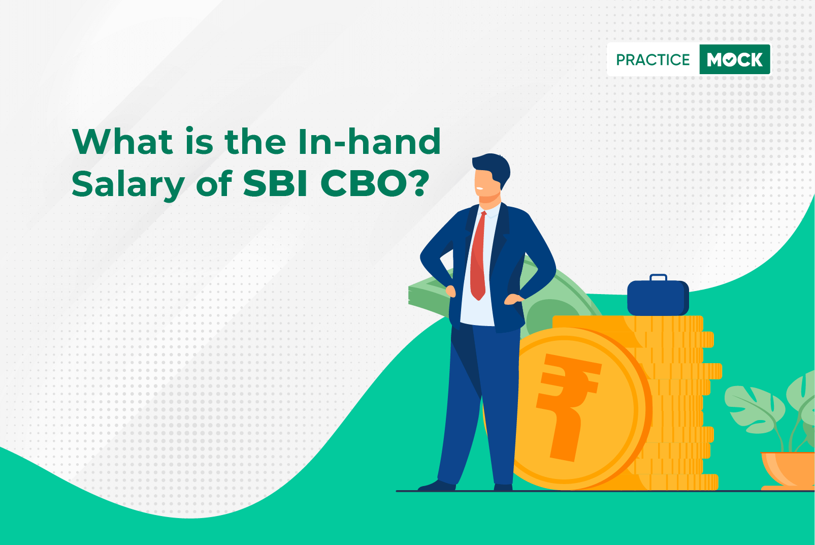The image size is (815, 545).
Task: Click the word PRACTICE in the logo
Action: coord(653,59)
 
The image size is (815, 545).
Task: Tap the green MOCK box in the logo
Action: coord(735,59)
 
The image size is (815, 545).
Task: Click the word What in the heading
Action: coord(122,141)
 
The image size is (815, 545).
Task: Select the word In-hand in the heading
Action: coord(369,141)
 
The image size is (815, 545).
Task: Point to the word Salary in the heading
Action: coord(128,185)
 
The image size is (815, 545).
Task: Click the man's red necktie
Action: coord(478,256)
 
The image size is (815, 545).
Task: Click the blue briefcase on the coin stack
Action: coord(658,297)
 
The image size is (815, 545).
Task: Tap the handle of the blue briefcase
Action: coord(658,278)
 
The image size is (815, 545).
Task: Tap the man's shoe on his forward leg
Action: coord(437,486)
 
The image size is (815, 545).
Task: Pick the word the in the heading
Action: coord(255,141)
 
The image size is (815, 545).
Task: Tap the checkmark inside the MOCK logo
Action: coord(730,60)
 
